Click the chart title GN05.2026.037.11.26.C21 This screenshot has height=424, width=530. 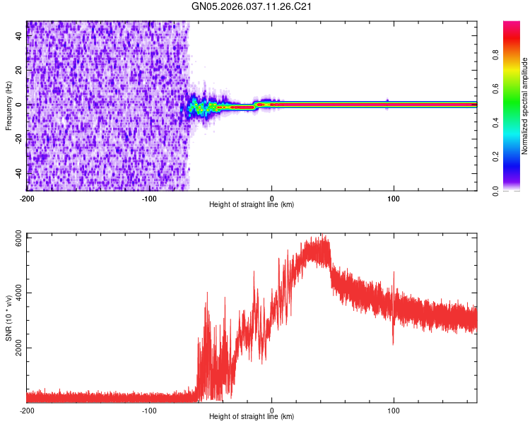click(x=252, y=6)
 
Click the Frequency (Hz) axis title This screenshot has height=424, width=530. click(x=8, y=105)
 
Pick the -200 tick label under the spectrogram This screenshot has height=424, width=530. click(x=26, y=198)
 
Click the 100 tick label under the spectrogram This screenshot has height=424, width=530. click(x=394, y=198)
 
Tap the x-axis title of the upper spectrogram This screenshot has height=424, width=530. click(x=252, y=205)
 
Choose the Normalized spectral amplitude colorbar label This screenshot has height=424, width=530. click(x=524, y=106)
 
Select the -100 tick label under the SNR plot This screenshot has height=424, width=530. click(x=149, y=410)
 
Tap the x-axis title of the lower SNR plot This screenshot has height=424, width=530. click(x=252, y=417)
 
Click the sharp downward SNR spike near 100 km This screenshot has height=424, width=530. click(x=393, y=342)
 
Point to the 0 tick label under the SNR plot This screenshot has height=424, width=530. click(x=272, y=410)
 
